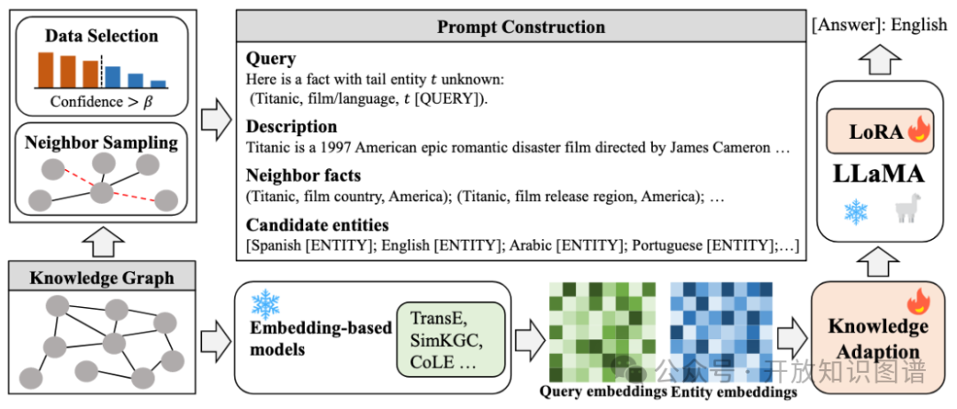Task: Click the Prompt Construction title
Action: pos(521,27)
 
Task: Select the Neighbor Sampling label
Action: pos(101,142)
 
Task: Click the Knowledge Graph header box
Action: pos(102,278)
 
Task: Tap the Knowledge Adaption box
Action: pos(878,338)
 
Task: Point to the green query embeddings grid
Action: pos(603,332)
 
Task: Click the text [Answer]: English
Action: pos(879,25)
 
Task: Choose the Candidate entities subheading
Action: pos(317,224)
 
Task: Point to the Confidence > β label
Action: pos(101,102)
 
